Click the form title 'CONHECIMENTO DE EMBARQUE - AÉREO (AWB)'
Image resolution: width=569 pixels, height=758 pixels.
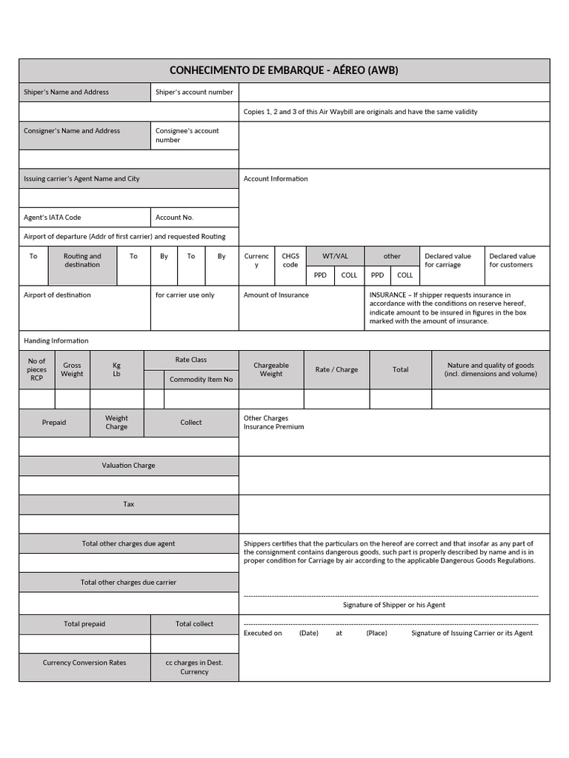coord(284,71)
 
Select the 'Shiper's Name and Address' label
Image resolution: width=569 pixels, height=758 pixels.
coord(66,93)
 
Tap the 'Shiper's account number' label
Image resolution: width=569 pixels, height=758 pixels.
coord(194,93)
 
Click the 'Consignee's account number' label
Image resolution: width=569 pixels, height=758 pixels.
coord(187,135)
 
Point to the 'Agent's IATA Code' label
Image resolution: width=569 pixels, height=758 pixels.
coord(53,218)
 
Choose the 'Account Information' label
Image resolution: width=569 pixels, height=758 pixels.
coord(276,179)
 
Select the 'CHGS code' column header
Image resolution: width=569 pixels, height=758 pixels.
coord(290,261)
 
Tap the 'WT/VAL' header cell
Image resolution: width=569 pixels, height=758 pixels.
coord(335,256)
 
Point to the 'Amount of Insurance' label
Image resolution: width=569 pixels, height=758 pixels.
coord(276,295)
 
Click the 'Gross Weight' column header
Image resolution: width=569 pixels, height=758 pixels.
coord(72,369)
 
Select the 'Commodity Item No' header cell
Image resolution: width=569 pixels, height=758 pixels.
coord(201,380)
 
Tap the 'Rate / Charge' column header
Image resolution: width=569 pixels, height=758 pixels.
coord(336,369)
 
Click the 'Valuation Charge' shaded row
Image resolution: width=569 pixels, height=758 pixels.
coord(129,466)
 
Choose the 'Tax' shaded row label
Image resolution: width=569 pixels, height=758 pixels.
coord(129,504)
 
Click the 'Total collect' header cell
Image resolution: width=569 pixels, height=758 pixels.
coord(194,624)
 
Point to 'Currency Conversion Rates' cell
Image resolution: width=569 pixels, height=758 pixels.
coord(84,663)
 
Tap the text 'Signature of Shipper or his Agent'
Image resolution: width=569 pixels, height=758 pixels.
coord(394,605)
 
